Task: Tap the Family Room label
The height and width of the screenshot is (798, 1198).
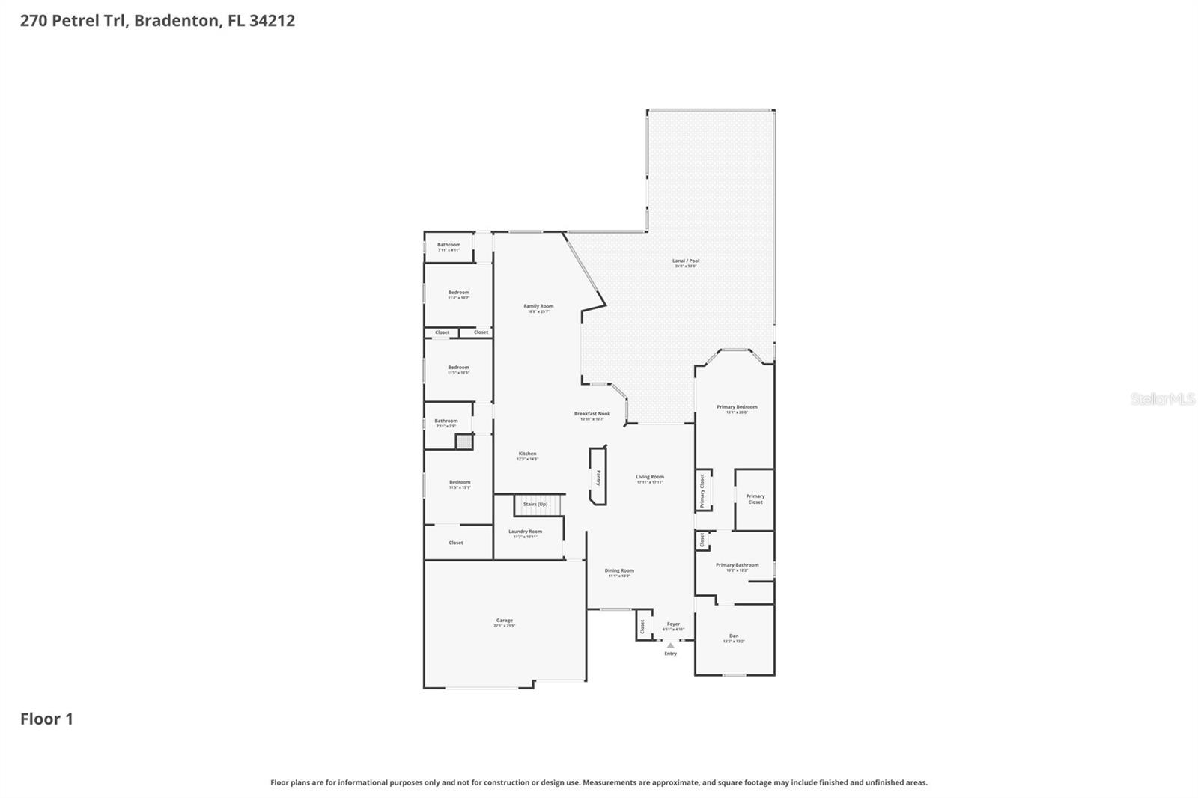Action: pyautogui.click(x=538, y=307)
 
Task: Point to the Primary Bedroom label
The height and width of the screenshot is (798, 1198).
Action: pyautogui.click(x=737, y=408)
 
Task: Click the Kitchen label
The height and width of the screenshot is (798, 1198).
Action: pyautogui.click(x=527, y=454)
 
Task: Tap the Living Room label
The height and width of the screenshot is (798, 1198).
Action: pyautogui.click(x=650, y=478)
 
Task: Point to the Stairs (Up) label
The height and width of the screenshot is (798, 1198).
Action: pyautogui.click(x=535, y=505)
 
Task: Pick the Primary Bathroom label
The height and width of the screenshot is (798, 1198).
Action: pyautogui.click(x=737, y=566)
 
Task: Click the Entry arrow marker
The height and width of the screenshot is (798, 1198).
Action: pyautogui.click(x=670, y=645)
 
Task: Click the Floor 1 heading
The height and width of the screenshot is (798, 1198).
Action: pyautogui.click(x=46, y=719)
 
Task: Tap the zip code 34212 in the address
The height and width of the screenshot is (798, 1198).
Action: pyautogui.click(x=272, y=20)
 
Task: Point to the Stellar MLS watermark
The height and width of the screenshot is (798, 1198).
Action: pyautogui.click(x=1162, y=399)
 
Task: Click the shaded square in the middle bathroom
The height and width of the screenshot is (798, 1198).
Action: pyautogui.click(x=464, y=442)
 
